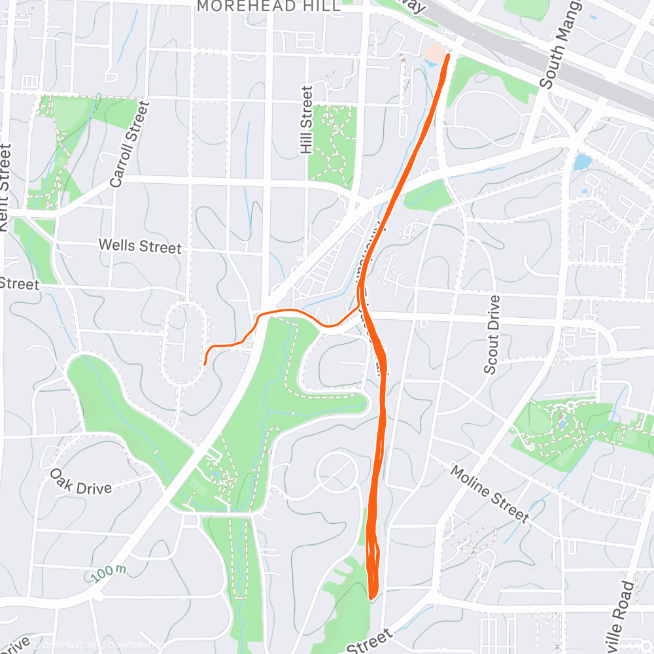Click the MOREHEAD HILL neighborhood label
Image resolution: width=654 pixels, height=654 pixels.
click(x=268, y=7)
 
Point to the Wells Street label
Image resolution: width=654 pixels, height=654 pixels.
click(x=140, y=247)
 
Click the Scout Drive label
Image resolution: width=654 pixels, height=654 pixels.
click(x=492, y=335)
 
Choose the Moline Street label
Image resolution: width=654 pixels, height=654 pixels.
click(x=490, y=494)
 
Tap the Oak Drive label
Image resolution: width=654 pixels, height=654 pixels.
click(x=81, y=481)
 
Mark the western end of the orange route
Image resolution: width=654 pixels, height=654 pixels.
click(x=205, y=364)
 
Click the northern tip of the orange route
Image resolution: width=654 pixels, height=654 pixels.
click(x=449, y=56)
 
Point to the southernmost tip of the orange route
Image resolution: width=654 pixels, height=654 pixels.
click(x=371, y=598)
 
